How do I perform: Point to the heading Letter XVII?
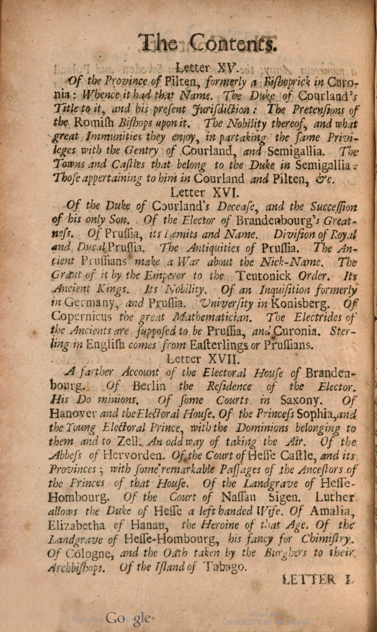point(203,359)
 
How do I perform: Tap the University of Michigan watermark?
point(265,622)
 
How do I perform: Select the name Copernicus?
point(82,317)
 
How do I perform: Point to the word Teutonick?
point(263,276)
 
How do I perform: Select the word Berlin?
point(149,386)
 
